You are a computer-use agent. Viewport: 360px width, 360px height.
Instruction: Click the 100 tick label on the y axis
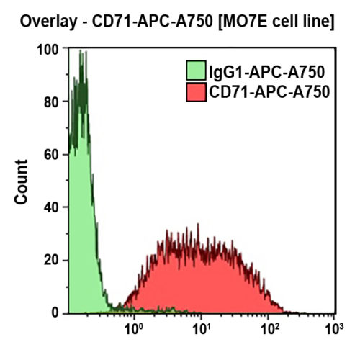click(x=48, y=50)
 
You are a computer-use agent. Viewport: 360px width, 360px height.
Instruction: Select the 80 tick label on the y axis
click(x=51, y=102)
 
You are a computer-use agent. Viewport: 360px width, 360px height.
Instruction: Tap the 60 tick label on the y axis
click(x=51, y=155)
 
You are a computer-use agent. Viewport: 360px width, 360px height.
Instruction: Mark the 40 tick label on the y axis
click(x=51, y=207)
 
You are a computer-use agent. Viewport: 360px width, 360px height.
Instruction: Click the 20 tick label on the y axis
click(x=51, y=260)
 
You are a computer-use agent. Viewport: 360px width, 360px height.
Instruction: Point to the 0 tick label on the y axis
click(x=55, y=312)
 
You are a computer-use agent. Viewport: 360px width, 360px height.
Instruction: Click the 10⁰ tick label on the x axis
click(x=134, y=330)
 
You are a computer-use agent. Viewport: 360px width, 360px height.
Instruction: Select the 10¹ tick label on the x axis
click(x=201, y=330)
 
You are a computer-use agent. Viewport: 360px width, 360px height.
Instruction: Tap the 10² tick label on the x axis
click(x=267, y=330)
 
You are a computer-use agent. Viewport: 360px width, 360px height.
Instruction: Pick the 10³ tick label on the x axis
click(x=333, y=330)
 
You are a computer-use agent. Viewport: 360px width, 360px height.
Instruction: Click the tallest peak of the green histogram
click(x=81, y=53)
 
